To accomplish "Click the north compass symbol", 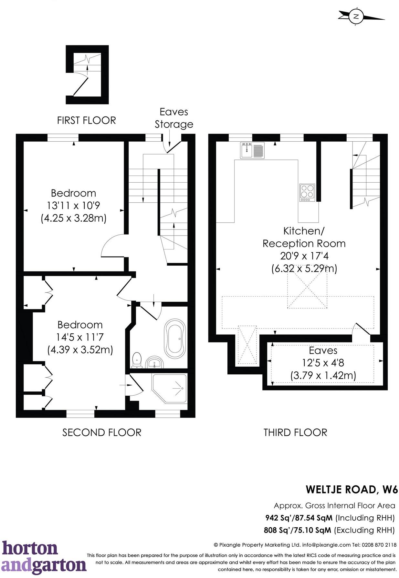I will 357,16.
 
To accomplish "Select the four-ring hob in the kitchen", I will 307,193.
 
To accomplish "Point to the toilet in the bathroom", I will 137,360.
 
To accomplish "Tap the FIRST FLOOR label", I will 86,120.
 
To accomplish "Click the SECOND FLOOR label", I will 102,432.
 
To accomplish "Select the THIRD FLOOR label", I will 295,432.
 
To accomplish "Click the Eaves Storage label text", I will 174,118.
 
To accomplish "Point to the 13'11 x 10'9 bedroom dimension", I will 74,206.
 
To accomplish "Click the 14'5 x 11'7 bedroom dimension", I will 80,337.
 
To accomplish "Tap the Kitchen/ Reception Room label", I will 304,237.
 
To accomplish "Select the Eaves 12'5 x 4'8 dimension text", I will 323,363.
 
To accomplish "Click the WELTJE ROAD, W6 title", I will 352,489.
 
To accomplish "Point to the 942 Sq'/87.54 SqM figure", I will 299,518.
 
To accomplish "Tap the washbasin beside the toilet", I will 155,362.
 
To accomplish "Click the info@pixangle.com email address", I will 326,545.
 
